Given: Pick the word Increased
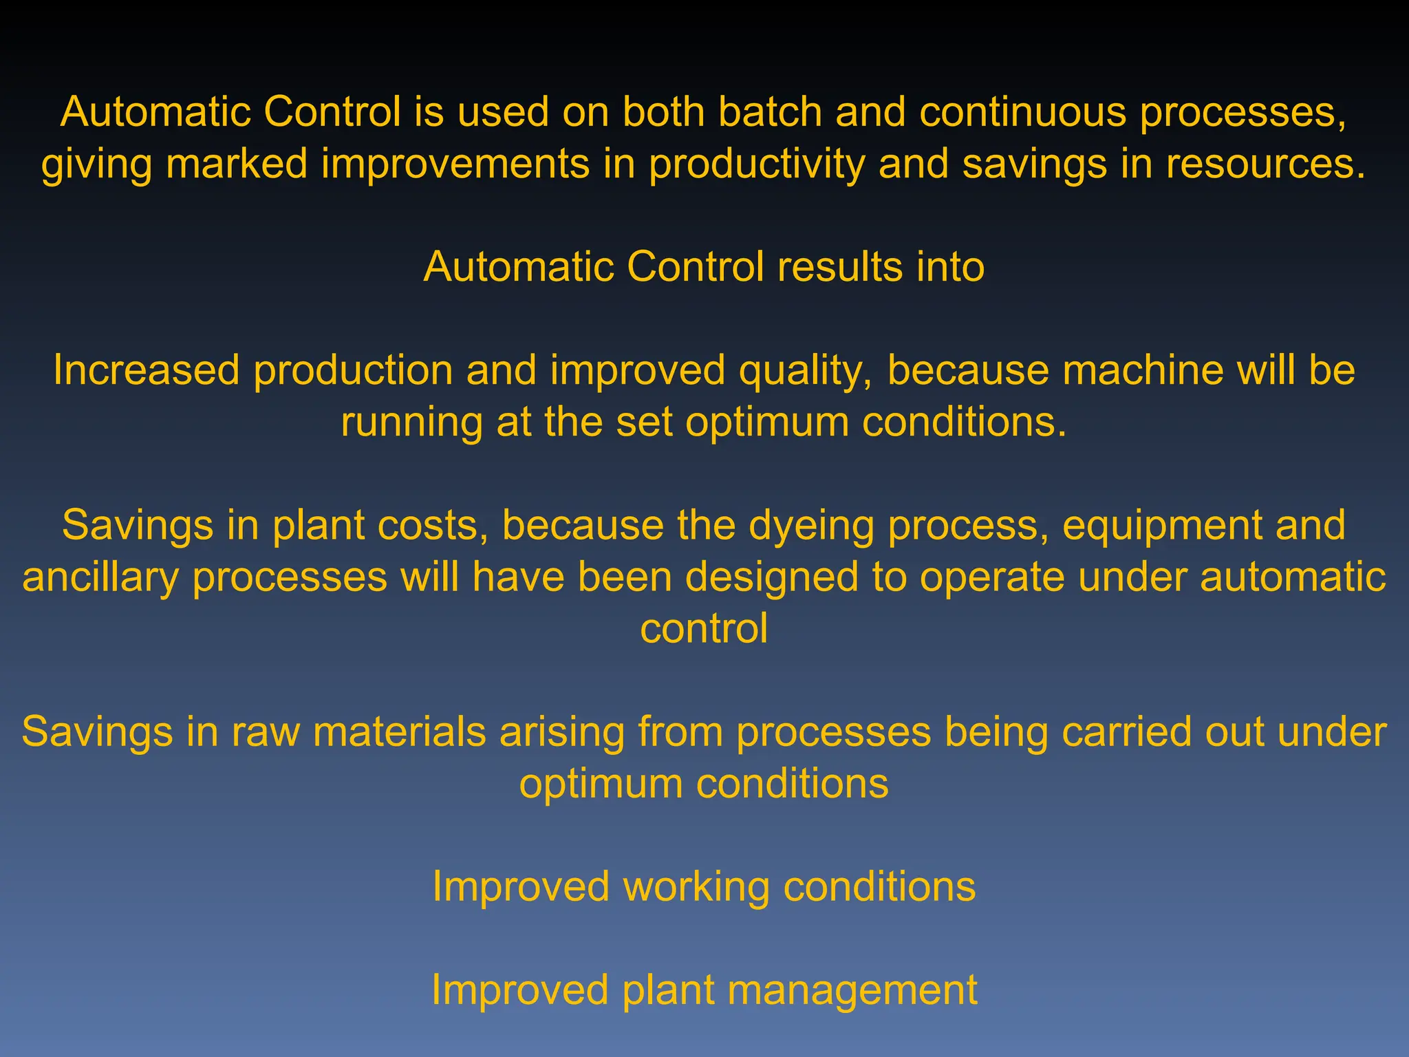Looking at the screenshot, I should [x=146, y=370].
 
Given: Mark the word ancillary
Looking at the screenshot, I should [x=100, y=577].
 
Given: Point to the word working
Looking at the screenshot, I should [x=696, y=887].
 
